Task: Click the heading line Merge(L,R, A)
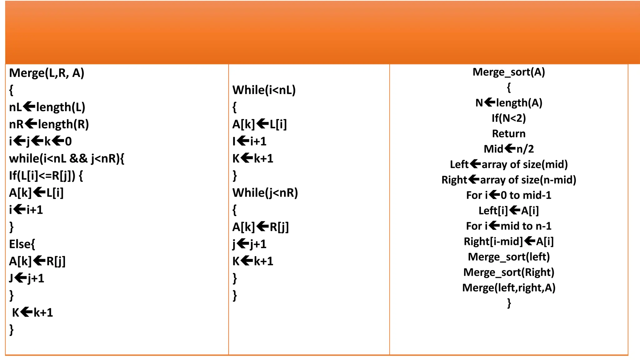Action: (47, 73)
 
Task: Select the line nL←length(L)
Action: (47, 107)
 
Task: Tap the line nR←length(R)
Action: (49, 124)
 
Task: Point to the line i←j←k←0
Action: (40, 141)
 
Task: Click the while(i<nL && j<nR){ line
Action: (67, 158)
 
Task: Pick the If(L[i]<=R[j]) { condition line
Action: (46, 176)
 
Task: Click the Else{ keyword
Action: (22, 244)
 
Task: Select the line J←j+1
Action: (27, 278)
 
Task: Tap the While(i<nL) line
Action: (264, 90)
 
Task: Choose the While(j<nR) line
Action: (265, 193)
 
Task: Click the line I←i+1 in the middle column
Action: (249, 141)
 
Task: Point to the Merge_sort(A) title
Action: (509, 72)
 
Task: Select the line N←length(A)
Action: (509, 103)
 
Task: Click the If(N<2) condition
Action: (509, 118)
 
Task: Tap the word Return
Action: (509, 133)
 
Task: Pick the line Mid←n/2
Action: (509, 149)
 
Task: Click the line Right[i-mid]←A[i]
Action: (509, 241)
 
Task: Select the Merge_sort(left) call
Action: (509, 257)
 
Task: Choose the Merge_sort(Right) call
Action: (509, 272)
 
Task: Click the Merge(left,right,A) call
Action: (509, 287)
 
